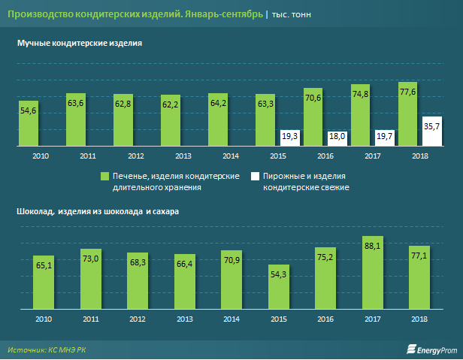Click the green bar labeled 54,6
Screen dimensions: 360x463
pyautogui.click(x=29, y=122)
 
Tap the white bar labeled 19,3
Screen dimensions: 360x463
pyautogui.click(x=289, y=136)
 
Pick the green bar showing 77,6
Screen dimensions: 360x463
pyautogui.click(x=408, y=113)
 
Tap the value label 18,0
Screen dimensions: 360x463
pyautogui.click(x=337, y=135)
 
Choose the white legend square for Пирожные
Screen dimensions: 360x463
pyautogui.click(x=255, y=175)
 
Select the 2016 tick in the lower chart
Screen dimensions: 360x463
pyautogui.click(x=325, y=319)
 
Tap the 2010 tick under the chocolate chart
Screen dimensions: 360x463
pyautogui.click(x=42, y=319)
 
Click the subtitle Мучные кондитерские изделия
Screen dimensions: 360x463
pyautogui.click(x=80, y=44)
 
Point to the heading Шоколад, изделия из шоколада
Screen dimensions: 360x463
pyautogui.click(x=98, y=212)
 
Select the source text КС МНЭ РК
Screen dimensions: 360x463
pyautogui.click(x=68, y=349)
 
